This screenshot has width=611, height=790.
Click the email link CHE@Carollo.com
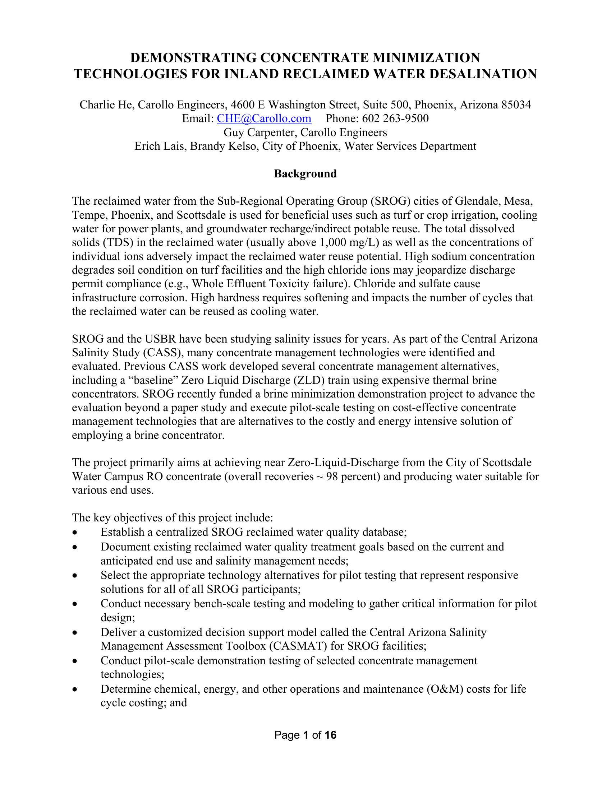point(264,118)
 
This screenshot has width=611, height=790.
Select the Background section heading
point(305,174)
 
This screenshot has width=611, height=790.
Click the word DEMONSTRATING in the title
point(193,57)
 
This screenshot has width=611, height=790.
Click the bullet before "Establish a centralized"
point(74,533)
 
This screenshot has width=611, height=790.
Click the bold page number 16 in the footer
point(330,735)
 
